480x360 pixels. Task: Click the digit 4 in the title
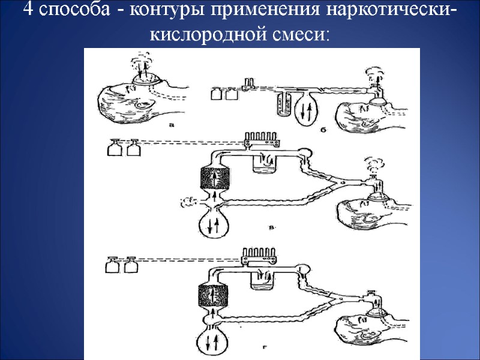(27, 11)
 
